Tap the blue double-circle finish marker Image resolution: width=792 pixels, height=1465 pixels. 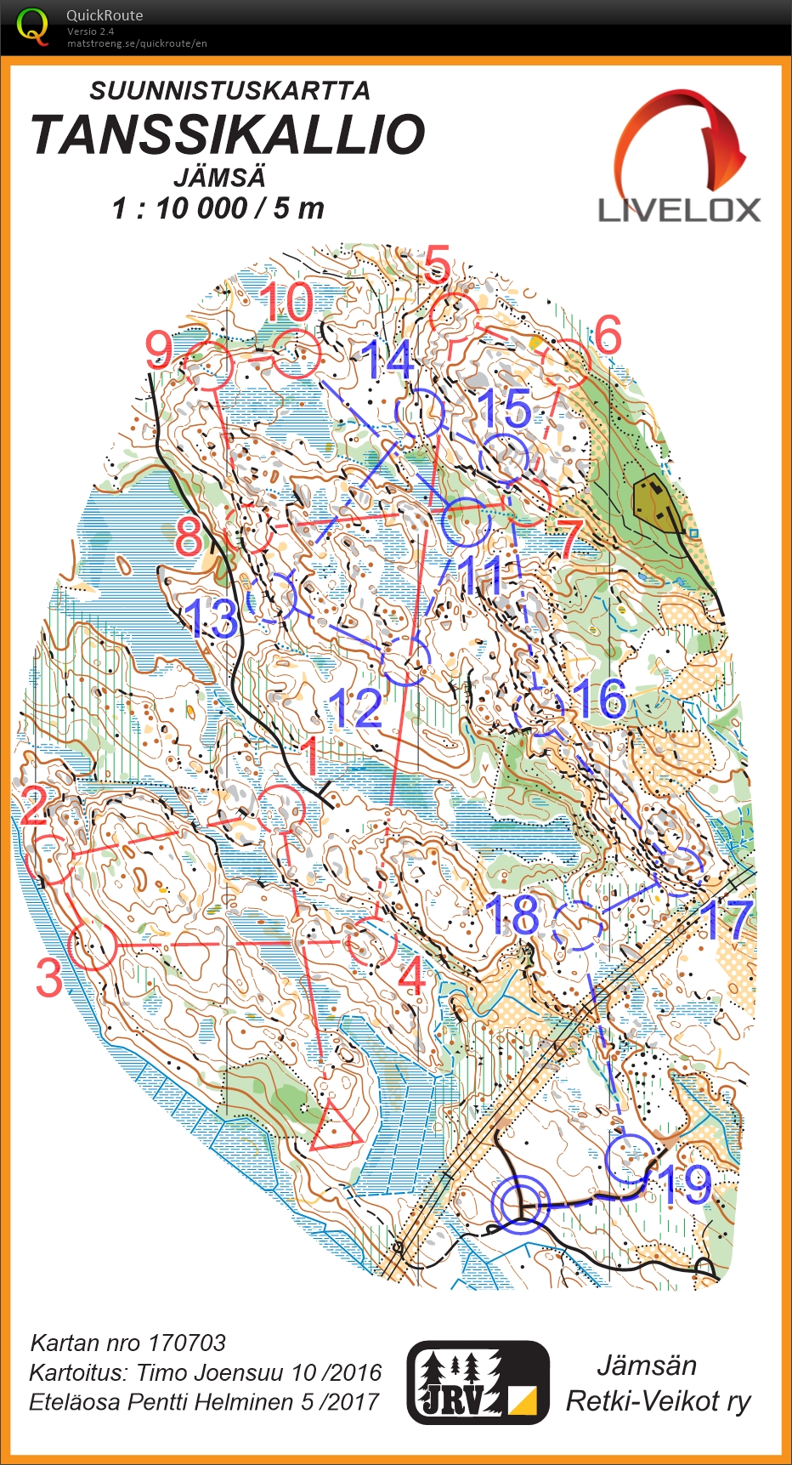520,1204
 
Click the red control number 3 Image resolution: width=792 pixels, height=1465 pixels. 48,979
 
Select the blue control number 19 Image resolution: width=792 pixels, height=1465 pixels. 685,1184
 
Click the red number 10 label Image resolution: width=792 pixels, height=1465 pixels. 286,303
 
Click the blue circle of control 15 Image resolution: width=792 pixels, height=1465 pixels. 503,459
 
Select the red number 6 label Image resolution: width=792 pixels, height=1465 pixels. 608,335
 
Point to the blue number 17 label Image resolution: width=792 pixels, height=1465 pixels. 727,920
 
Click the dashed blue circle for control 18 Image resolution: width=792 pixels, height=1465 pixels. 578,925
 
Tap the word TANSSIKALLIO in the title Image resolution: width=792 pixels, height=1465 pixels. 228,135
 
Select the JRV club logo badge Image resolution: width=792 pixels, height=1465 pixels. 478,1382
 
